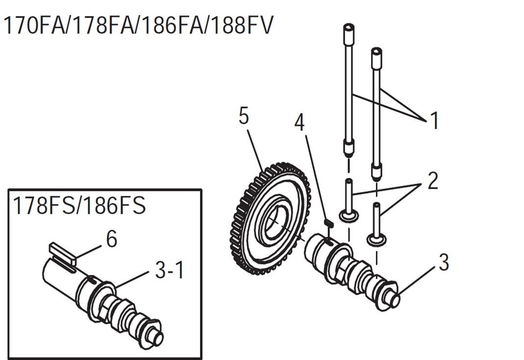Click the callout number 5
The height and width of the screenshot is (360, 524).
click(x=244, y=116)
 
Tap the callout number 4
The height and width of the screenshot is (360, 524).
click(x=300, y=122)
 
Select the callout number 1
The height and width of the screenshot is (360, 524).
click(x=434, y=120)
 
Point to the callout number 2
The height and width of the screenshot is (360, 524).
click(x=432, y=180)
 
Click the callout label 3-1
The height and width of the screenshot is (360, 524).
click(x=170, y=270)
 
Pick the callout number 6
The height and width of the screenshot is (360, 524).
click(x=112, y=239)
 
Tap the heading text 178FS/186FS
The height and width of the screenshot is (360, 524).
click(x=79, y=205)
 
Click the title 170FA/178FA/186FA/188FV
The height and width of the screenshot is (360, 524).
click(x=138, y=26)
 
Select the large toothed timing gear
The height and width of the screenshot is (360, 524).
click(x=270, y=219)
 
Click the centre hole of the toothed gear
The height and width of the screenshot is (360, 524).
click(x=274, y=219)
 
